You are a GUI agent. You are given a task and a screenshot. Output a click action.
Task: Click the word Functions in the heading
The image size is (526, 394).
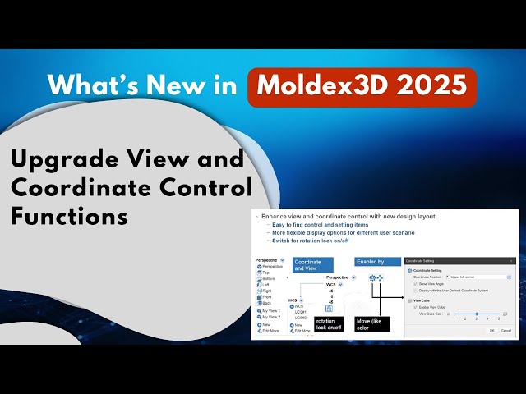[70, 216]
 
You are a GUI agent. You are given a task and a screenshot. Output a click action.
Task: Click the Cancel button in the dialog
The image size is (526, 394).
[505, 330]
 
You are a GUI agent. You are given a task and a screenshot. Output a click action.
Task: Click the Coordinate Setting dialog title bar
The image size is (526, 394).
[460, 261]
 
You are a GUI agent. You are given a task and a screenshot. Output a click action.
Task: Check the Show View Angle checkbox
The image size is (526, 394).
[415, 284]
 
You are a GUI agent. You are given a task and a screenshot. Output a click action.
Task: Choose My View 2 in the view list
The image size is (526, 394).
[271, 317]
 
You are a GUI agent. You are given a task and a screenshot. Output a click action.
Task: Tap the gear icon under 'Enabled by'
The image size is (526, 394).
[372, 278]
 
